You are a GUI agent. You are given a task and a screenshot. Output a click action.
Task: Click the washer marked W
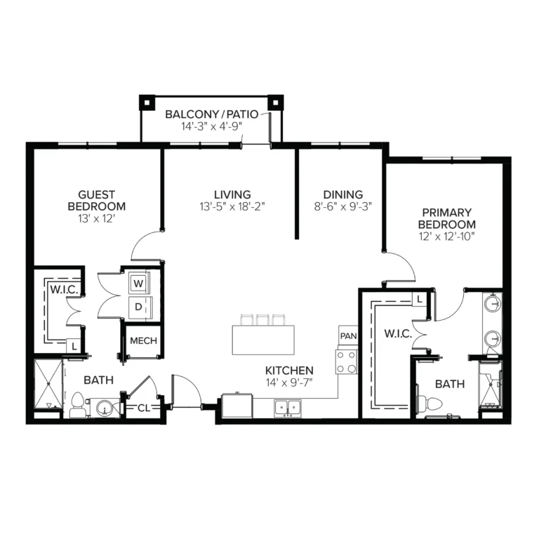(x=138, y=284)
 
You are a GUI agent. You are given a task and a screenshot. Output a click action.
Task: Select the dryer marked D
(x=138, y=307)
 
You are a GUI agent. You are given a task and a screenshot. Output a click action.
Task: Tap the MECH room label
(x=143, y=340)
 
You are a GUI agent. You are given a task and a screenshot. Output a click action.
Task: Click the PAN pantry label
(x=348, y=336)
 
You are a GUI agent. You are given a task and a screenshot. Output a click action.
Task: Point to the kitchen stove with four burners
(x=347, y=362)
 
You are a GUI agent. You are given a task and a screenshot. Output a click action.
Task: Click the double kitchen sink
(x=287, y=408)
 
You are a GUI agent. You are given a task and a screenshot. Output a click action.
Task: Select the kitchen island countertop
(x=263, y=340)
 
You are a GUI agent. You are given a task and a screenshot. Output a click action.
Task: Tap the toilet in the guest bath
(x=77, y=406)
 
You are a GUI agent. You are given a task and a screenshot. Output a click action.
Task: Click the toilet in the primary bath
(x=429, y=403)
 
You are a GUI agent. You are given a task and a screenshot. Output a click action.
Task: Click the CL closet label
(x=144, y=408)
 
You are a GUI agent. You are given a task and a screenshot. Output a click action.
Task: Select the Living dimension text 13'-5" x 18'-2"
(x=232, y=206)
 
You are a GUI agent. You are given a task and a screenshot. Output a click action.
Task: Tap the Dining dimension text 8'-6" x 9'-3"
(x=343, y=206)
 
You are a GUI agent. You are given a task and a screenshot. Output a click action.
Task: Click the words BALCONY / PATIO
(x=212, y=114)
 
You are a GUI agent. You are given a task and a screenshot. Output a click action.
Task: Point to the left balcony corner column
(x=147, y=102)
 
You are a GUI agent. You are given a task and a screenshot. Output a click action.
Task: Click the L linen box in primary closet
(x=420, y=300)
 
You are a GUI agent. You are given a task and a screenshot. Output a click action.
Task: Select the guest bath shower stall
(x=48, y=384)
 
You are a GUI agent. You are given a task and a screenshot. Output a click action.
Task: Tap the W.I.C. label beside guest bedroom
(x=65, y=289)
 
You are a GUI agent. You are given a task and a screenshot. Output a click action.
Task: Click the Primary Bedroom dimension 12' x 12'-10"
(x=446, y=237)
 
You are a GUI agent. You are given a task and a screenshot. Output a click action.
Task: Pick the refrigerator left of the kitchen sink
(x=237, y=406)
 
